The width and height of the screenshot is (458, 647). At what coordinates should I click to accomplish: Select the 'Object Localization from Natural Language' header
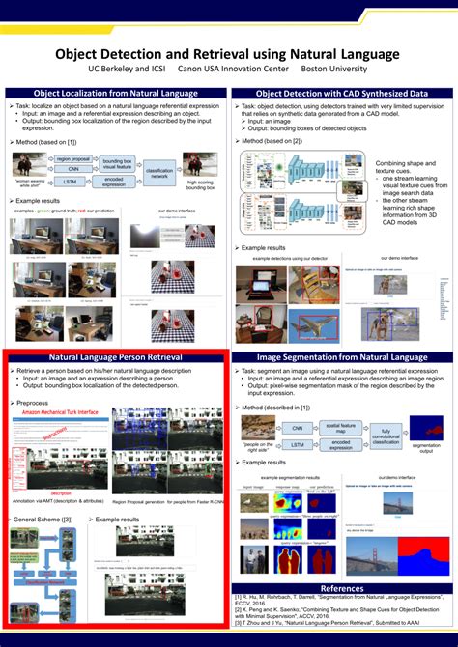[116, 93]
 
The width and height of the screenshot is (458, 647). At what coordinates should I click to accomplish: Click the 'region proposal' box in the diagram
[73, 158]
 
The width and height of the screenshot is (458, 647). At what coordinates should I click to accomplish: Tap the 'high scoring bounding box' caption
[201, 184]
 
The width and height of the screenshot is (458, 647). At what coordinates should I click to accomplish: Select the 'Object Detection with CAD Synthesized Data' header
[343, 93]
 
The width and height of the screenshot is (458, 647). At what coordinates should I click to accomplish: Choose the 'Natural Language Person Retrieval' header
[116, 357]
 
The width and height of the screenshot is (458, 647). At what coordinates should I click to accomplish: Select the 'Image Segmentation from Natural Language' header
[343, 357]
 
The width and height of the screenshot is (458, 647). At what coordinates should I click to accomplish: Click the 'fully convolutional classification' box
[386, 436]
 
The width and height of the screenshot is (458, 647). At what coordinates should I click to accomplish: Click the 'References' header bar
[342, 588]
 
